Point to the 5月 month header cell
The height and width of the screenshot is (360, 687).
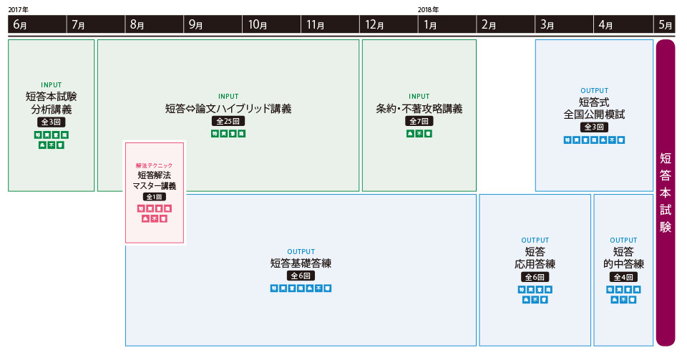coord(665,24)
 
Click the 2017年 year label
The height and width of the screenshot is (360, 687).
coord(19,9)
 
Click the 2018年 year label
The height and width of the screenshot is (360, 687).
coord(428,9)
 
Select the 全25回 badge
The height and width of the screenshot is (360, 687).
coord(228,122)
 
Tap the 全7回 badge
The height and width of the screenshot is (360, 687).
coord(419,122)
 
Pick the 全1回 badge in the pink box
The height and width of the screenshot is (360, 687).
coord(155,197)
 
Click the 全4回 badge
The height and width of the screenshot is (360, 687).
coord(623,277)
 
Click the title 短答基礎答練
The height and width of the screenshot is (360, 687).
coord(301,263)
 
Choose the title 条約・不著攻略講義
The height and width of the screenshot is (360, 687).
coord(419,109)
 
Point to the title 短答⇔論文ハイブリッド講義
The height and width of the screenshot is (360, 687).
coord(228,109)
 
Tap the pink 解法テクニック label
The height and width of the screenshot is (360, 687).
coord(155,165)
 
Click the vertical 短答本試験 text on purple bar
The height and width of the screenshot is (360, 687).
coord(666,193)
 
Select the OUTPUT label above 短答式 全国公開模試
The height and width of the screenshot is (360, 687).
coord(594,91)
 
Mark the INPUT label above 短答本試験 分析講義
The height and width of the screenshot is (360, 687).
coord(52,84)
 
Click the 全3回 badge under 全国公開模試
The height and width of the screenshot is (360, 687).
coord(594,127)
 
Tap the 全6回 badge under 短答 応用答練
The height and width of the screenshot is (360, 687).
coord(535,277)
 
